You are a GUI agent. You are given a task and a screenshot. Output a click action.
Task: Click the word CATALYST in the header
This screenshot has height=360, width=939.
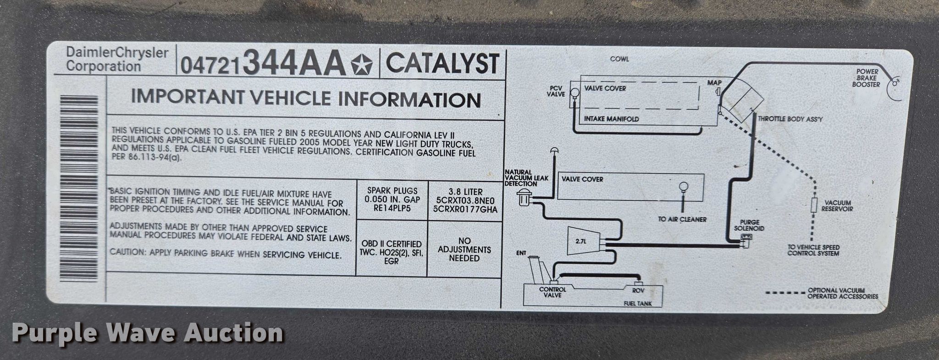point(442,64)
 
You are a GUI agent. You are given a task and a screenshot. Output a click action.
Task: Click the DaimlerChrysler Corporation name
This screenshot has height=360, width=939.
point(116,59)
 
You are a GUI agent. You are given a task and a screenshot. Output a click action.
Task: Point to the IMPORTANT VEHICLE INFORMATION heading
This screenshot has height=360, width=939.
point(306,99)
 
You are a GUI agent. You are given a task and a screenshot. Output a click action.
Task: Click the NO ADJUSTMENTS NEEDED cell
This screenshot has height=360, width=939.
point(464,249)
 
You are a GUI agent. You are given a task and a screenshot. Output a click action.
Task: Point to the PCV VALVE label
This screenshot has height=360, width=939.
point(556,91)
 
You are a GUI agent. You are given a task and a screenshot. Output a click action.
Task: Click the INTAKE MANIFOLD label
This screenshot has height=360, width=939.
point(611,119)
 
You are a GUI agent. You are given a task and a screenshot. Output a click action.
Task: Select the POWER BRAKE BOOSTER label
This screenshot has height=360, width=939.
point(866,78)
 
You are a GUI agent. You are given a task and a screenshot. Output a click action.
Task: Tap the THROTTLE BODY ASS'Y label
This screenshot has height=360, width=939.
point(790,119)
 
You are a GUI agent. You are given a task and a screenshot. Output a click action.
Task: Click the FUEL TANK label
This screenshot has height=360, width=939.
point(637,304)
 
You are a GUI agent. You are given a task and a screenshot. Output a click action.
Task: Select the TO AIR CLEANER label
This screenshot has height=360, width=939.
point(682,219)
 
